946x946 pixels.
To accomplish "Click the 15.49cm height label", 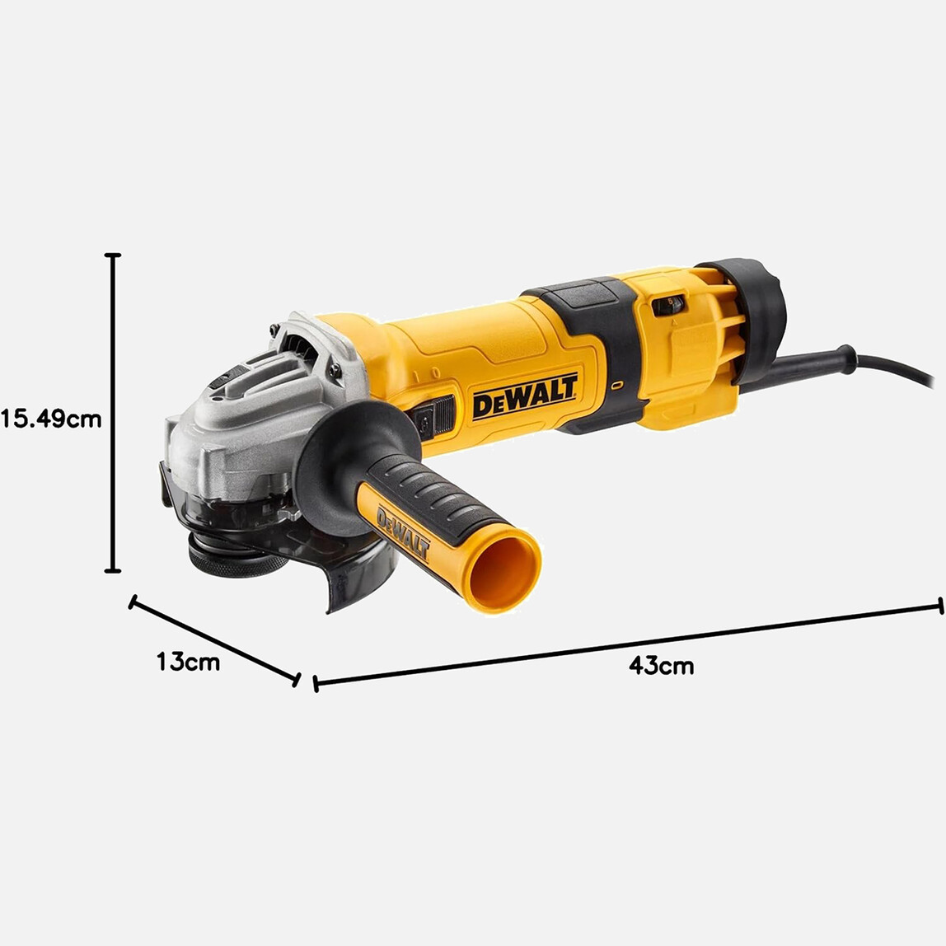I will [x=51, y=419].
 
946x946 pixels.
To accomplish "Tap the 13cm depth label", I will [x=189, y=661].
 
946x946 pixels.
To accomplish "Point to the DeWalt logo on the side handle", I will [x=403, y=534].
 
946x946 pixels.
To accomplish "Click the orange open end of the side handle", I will [x=502, y=569].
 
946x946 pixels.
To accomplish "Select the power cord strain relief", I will [x=816, y=363].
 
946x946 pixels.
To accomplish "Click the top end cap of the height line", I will [x=114, y=256].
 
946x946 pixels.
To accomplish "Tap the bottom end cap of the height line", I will [x=114, y=569].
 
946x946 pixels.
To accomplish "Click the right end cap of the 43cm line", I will [x=940, y=606].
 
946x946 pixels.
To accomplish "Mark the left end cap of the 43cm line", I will [x=316, y=683].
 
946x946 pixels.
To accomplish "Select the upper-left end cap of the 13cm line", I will [x=132, y=603].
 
